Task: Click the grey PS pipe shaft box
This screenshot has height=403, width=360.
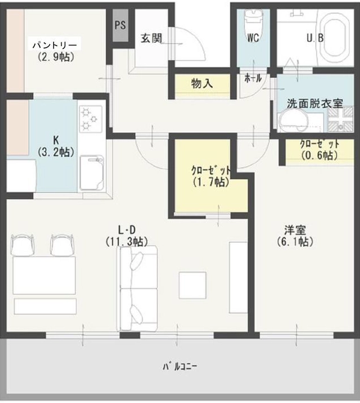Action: coord(121,25)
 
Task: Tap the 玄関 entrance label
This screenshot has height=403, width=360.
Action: coord(151,38)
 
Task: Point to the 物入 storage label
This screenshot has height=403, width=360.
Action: coord(202,83)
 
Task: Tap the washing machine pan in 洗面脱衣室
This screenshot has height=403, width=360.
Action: coord(340,119)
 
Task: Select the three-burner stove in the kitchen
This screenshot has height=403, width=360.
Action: coord(91,119)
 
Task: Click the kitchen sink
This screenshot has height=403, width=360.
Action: coord(92,172)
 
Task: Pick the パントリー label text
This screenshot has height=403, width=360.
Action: coord(55,46)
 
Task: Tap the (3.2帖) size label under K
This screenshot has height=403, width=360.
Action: coord(56,152)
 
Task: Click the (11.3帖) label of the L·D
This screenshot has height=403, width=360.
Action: coord(126,242)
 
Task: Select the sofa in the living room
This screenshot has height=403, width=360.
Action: coord(137,289)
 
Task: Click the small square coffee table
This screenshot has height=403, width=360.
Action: coord(192,285)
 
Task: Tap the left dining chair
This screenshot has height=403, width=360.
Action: coord(23,245)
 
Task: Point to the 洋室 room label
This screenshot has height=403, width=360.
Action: coord(295,230)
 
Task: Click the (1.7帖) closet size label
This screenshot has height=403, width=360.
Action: coord(211,182)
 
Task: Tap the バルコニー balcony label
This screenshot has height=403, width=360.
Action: coord(180,366)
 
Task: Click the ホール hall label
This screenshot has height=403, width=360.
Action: coord(253,78)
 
